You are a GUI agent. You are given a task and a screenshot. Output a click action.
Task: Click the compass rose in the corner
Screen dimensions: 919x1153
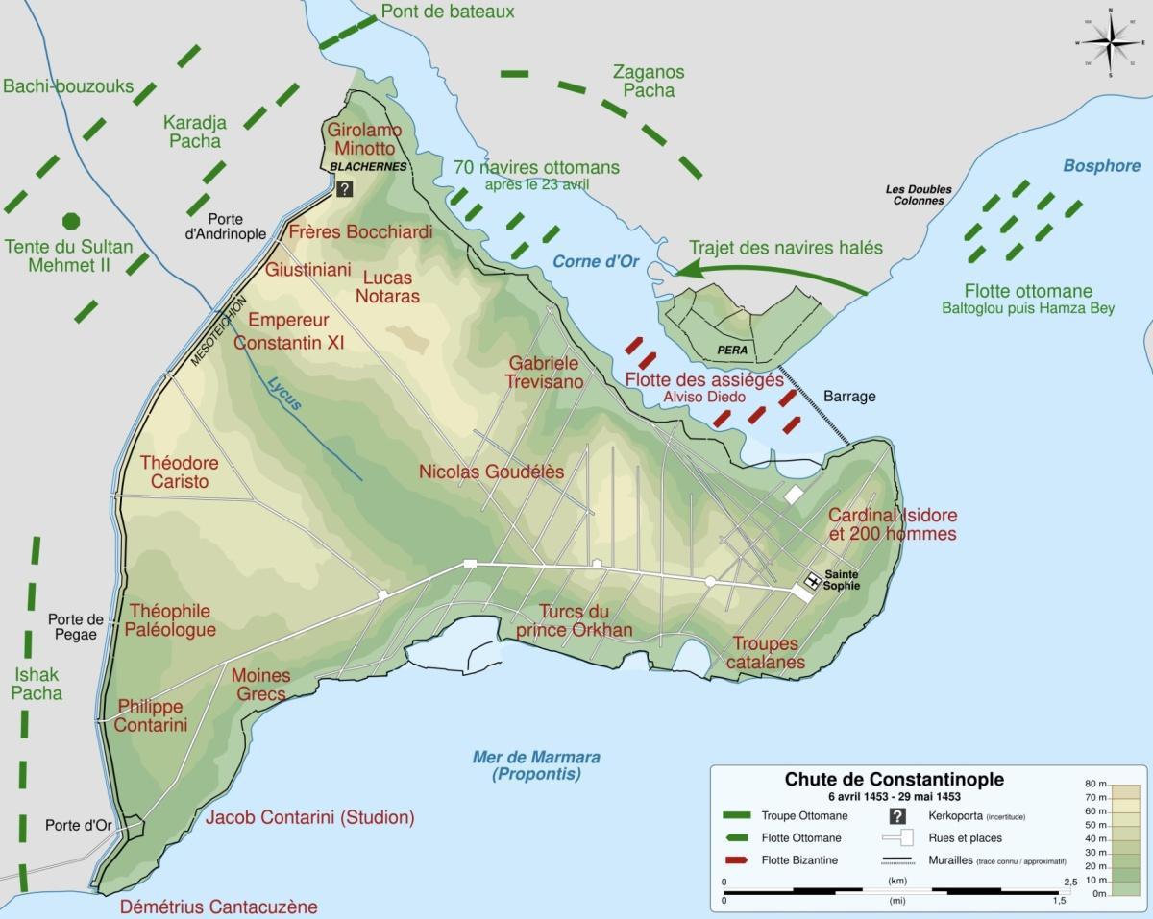[x=1110, y=43]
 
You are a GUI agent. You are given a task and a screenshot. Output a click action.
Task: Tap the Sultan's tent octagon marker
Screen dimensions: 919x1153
[x=70, y=221]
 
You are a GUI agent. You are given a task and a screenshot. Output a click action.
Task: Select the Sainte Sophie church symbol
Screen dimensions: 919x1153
[x=812, y=580]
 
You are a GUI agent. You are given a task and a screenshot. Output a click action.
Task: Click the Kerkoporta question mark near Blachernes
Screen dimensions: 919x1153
[x=345, y=189]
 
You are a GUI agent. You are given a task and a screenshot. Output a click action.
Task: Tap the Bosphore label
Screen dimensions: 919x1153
[x=1100, y=166]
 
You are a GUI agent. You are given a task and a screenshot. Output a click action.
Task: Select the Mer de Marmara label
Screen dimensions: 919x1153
[x=536, y=764]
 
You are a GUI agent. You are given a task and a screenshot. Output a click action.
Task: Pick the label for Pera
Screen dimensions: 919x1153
[x=732, y=351]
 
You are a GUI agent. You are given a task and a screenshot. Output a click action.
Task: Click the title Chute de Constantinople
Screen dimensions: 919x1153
[x=895, y=780]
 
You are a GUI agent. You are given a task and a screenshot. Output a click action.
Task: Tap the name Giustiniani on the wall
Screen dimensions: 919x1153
[x=308, y=270]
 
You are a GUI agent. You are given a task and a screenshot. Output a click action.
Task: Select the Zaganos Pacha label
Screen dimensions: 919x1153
[x=649, y=81]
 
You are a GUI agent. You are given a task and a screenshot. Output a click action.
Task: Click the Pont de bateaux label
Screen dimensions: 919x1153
[x=448, y=12]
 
